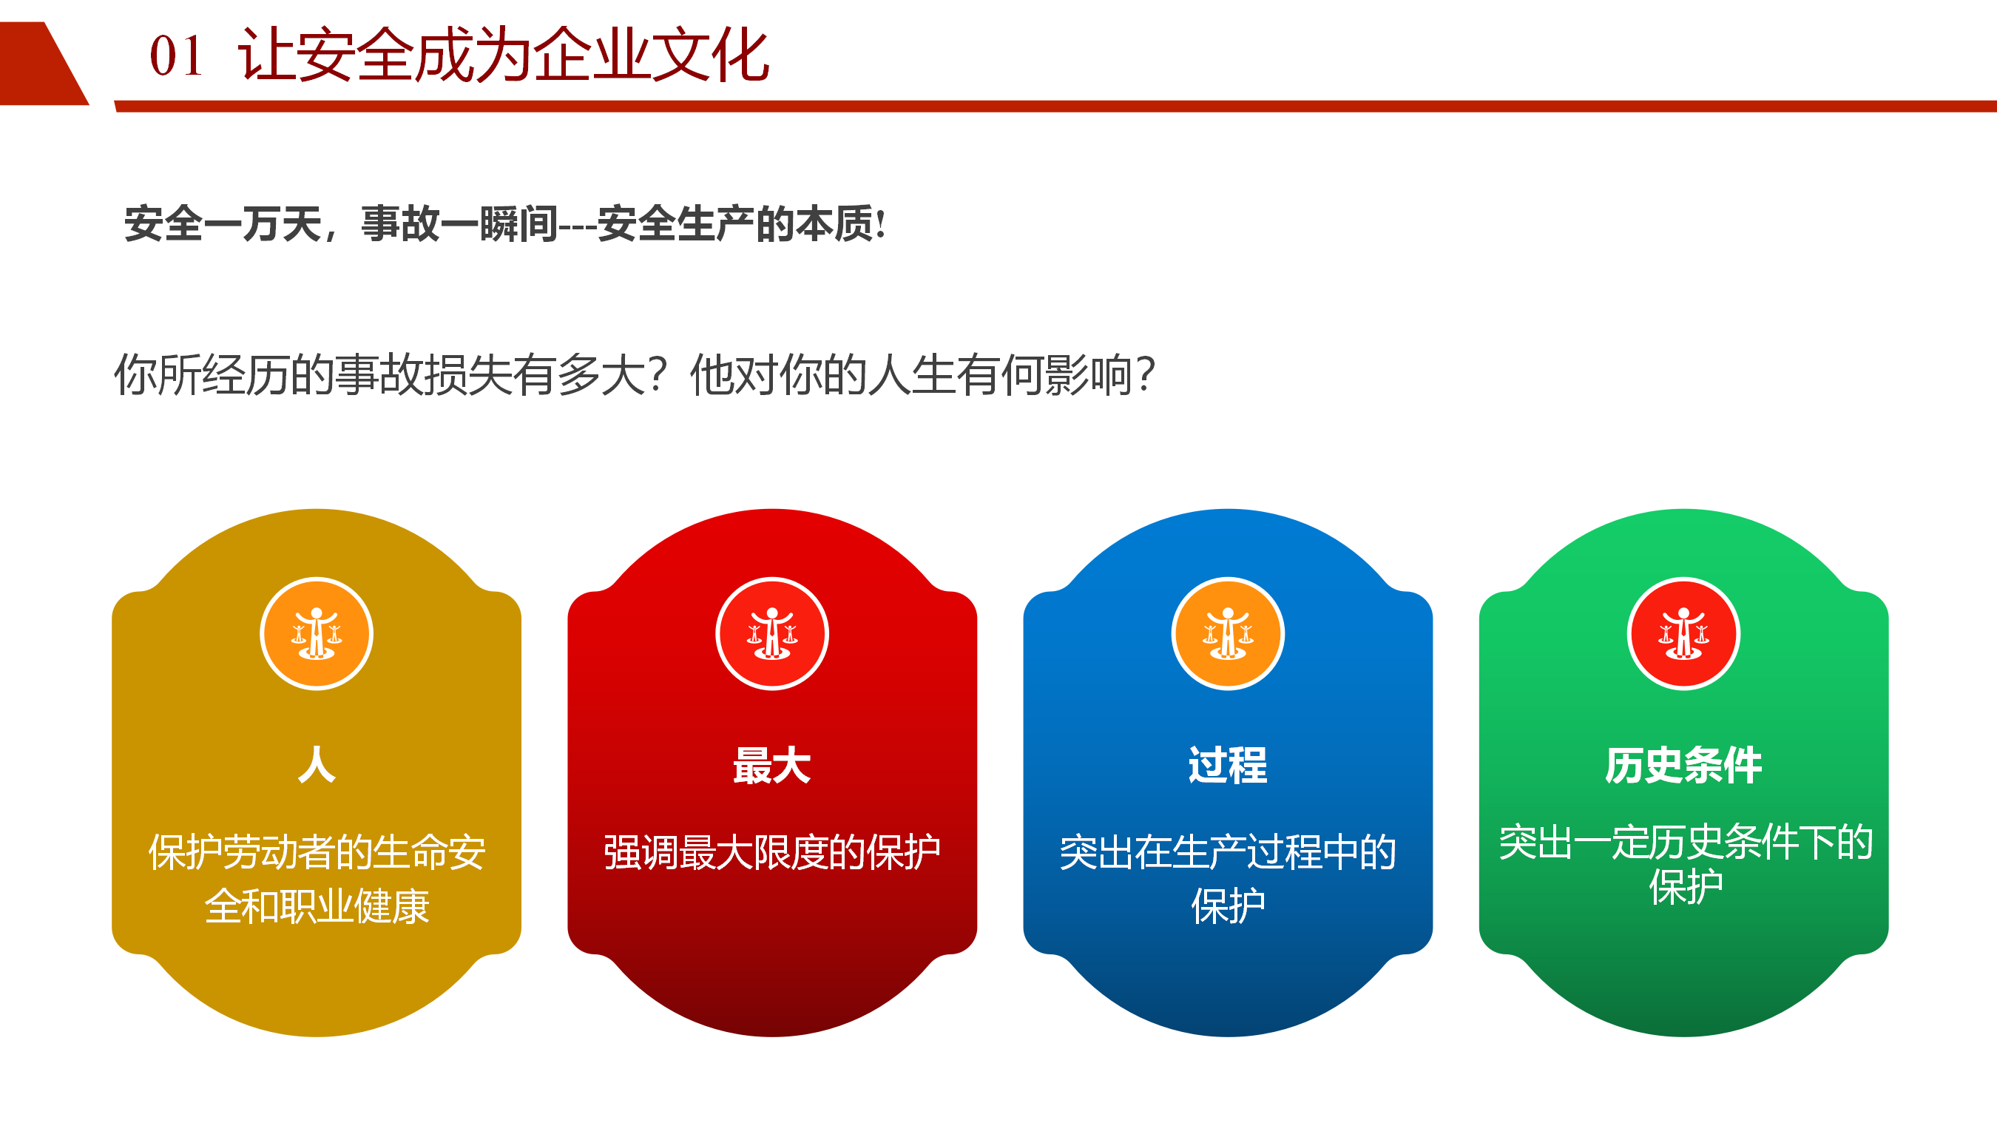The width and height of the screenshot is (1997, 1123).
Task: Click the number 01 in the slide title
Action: click(176, 57)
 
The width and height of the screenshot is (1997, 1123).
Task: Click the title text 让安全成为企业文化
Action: click(503, 55)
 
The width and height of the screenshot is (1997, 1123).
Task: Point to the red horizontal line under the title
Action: click(1055, 107)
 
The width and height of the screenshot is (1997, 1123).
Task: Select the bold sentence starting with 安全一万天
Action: click(504, 224)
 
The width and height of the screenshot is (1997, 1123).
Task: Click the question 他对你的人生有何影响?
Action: click(923, 375)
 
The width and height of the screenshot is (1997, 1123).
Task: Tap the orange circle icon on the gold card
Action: click(317, 633)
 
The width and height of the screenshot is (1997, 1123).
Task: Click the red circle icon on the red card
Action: click(772, 633)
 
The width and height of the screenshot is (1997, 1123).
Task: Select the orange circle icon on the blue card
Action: click(1228, 633)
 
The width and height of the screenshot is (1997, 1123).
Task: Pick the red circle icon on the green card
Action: click(1684, 633)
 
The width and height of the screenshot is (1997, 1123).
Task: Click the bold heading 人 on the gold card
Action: click(317, 765)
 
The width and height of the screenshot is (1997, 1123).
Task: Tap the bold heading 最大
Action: click(772, 766)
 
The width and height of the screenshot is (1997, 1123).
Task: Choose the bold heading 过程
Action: click(1228, 766)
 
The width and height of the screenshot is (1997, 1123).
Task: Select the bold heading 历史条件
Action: click(1684, 766)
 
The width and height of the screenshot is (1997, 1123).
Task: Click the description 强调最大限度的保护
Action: click(772, 852)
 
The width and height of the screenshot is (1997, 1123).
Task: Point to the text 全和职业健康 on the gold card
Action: click(317, 907)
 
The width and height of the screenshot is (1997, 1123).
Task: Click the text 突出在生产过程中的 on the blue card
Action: click(1228, 852)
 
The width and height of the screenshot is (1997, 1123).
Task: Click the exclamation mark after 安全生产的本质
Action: click(880, 224)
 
